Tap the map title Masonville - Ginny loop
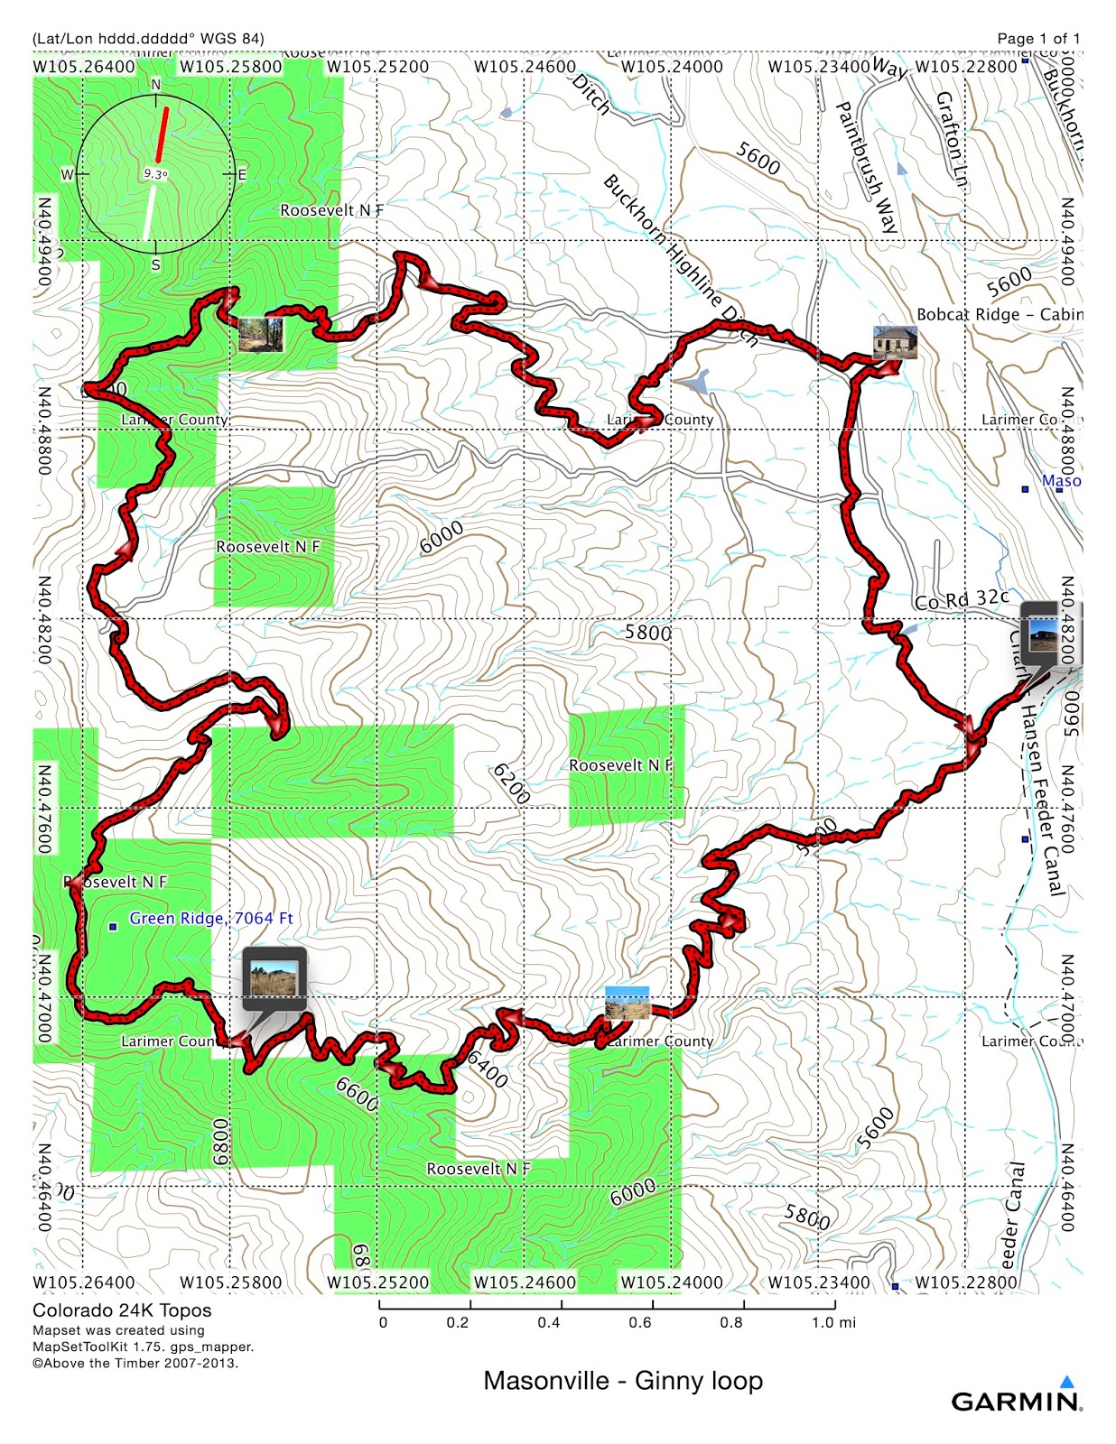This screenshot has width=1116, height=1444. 623,1380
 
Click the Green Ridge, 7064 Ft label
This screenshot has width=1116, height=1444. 211,918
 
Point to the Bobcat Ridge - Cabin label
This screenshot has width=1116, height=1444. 999,314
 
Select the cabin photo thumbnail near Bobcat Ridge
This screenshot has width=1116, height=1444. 895,343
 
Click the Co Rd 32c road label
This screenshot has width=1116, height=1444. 962,599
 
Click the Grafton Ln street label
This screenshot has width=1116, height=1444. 952,140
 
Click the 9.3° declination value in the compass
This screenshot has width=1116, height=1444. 155,174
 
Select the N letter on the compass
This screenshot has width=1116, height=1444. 155,85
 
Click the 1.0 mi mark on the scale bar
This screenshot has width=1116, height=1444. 833,1322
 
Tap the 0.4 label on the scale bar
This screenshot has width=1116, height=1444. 549,1322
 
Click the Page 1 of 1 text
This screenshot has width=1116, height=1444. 1038,38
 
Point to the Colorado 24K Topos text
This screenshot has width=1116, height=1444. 122,1310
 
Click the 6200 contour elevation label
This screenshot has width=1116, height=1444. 511,783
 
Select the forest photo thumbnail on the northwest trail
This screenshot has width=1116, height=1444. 262,334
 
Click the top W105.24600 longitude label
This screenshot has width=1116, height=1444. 525,66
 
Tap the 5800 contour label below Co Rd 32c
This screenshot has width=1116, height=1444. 647,632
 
